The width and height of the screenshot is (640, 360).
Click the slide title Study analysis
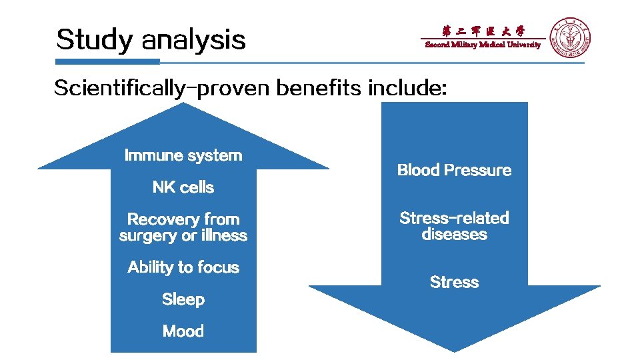[x=151, y=39]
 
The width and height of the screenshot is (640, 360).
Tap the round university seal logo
[x=570, y=37]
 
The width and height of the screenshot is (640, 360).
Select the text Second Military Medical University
[x=483, y=45]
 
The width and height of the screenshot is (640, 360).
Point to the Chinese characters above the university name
[x=483, y=31]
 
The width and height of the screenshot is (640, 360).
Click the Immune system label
[x=183, y=155]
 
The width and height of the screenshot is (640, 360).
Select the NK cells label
[x=183, y=187]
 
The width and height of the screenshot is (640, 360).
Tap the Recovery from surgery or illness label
[x=183, y=227]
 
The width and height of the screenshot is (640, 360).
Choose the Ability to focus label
[x=183, y=267]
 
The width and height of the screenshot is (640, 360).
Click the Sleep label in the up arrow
[x=183, y=299]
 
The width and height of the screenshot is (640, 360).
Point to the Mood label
[x=183, y=331]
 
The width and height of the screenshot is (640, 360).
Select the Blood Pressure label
[x=454, y=170]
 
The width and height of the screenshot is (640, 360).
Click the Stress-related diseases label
[x=454, y=226]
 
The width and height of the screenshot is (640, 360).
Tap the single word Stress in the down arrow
[x=454, y=282]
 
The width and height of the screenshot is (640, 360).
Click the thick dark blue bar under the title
[x=107, y=61]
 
